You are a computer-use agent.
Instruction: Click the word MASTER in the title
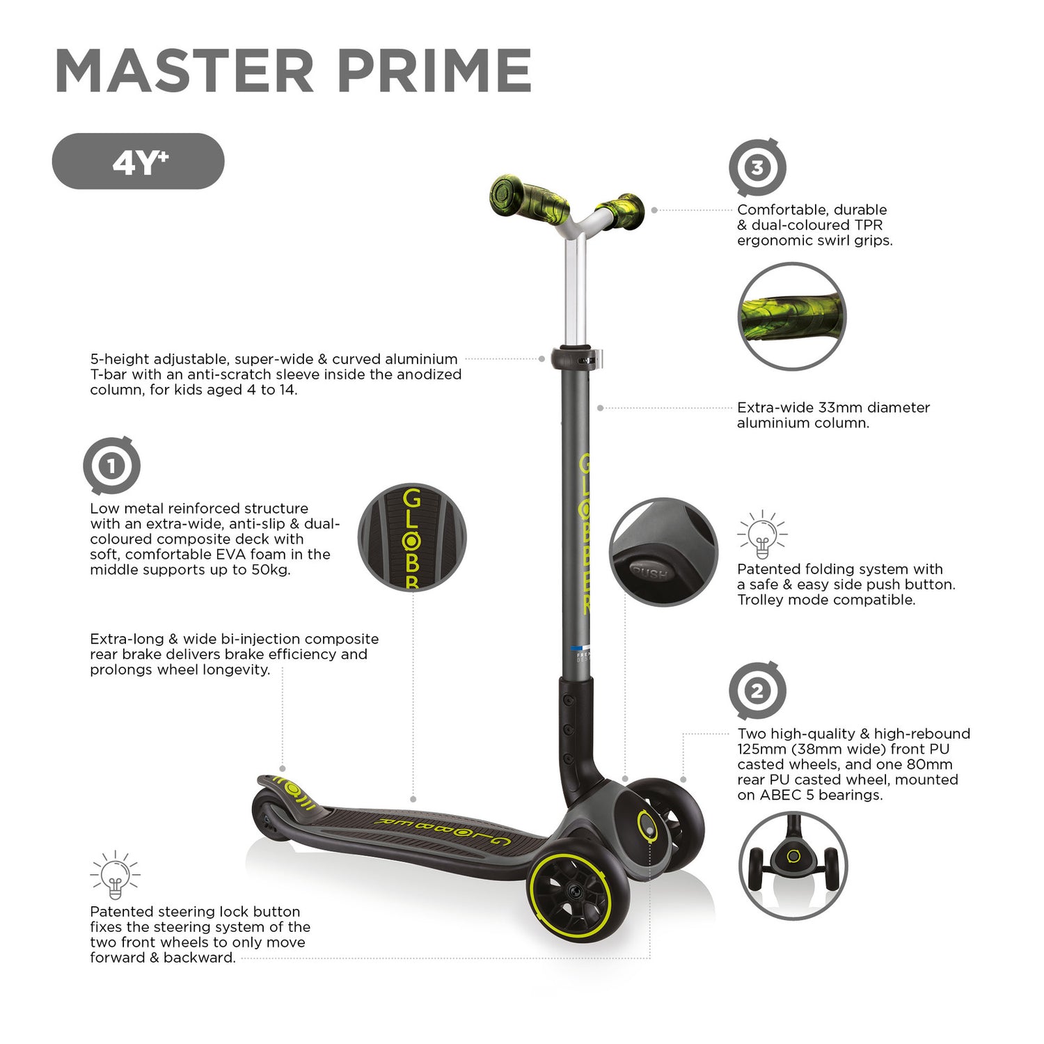click(185, 70)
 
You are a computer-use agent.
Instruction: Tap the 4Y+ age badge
click(139, 161)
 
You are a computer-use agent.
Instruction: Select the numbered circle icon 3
click(757, 168)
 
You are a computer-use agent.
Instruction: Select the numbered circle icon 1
click(111, 466)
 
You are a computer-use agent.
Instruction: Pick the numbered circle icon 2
click(757, 691)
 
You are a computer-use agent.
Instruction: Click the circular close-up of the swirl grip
click(792, 316)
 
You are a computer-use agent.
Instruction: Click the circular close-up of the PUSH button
click(663, 552)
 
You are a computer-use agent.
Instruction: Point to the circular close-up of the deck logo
click(412, 537)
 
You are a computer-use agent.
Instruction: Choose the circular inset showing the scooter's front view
click(793, 865)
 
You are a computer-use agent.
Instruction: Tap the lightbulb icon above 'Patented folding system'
click(762, 535)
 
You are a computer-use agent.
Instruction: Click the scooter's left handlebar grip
click(529, 198)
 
